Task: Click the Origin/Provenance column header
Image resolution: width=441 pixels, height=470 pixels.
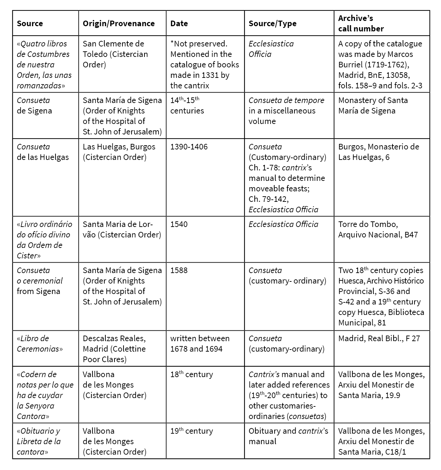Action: click(119, 23)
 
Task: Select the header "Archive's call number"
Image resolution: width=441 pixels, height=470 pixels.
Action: click(361, 23)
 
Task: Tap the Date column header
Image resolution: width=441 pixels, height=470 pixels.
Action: click(179, 23)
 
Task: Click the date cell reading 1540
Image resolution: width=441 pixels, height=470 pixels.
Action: click(179, 224)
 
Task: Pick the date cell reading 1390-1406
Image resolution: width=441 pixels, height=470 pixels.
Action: click(189, 147)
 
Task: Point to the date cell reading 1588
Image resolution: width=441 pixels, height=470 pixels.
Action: click(179, 270)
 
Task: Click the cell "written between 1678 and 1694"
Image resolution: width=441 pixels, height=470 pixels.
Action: click(200, 344)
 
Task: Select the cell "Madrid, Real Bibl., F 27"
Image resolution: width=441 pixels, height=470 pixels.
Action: click(379, 338)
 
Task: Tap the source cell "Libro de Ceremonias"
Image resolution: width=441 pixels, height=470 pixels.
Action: click(40, 344)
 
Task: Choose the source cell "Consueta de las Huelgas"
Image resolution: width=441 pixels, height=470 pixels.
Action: click(43, 152)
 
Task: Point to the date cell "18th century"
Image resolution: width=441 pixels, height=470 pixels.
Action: click(192, 374)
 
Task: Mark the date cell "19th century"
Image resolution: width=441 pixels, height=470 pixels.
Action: click(192, 431)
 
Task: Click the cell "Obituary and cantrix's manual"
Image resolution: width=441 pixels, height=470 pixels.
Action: click(288, 436)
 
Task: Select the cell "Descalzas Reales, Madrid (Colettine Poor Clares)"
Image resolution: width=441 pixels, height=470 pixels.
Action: click(114, 349)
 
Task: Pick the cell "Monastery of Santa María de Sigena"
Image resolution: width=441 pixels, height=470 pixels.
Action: click(373, 105)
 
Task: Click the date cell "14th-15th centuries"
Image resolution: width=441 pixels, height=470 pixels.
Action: click(187, 105)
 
